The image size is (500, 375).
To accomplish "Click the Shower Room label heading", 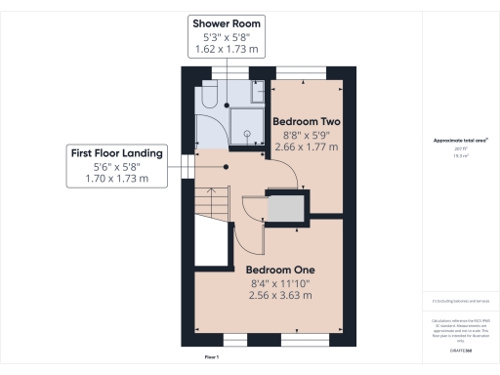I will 227,22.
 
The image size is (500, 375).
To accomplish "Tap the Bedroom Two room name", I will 302,122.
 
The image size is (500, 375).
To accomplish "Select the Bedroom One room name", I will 279,270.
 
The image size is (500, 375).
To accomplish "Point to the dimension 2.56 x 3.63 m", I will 279,295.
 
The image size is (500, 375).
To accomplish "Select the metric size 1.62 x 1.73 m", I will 227,48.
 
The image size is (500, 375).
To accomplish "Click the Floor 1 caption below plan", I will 211,358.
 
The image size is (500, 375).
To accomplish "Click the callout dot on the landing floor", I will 226,167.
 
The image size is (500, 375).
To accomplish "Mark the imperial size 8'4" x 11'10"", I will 279,283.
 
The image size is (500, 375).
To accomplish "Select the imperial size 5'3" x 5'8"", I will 227,36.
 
